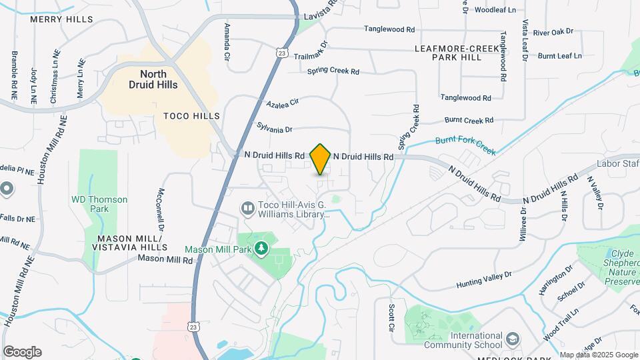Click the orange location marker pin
(321, 159)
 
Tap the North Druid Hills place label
(153, 79)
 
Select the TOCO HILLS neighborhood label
(191, 116)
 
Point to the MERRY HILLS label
(61, 19)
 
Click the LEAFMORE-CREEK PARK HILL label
(457, 53)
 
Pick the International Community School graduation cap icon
(512, 340)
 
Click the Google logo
(22, 352)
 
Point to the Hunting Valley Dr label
(484, 279)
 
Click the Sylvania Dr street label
(275, 127)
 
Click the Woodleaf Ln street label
(495, 10)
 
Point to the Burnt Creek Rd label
(469, 121)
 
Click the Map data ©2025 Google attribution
(599, 355)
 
